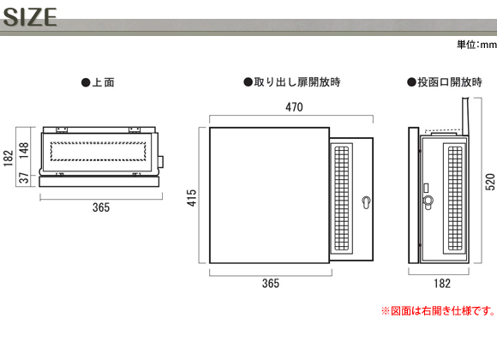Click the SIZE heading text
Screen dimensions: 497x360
30,17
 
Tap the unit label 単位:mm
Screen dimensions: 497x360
476,45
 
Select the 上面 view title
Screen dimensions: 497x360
98,82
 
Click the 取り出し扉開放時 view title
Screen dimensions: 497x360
292,82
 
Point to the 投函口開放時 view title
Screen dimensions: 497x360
445,82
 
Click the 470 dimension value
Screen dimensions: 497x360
294,107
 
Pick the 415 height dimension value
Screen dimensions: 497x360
192,198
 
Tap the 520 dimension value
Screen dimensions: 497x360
490,182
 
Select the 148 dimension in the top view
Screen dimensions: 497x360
24,150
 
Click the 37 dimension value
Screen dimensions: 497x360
24,178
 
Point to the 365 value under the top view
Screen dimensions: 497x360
101,207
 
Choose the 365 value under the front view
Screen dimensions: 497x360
271,283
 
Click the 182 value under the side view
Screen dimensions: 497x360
442,283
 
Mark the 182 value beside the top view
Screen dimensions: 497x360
9,158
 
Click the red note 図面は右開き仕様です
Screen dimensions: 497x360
439,311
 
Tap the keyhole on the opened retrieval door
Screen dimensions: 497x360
366,202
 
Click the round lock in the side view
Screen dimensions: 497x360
428,201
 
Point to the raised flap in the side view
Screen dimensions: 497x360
465,116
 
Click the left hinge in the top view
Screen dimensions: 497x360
62,129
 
